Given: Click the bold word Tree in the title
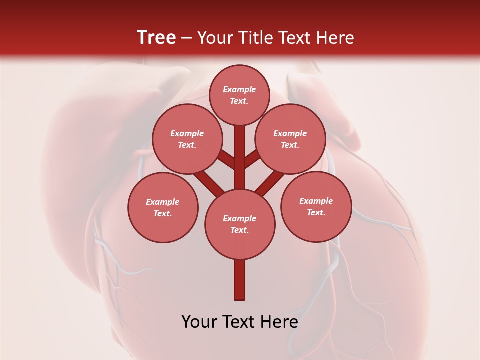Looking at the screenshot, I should point(156,38).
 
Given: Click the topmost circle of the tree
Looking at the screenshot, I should point(239,95).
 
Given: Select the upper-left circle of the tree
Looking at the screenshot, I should point(187,139).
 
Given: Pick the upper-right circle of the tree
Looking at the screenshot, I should point(290,139).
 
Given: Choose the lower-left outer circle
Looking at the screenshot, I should point(163,207).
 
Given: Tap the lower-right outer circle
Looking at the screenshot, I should point(316,206).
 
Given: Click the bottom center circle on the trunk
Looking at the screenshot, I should point(240,224).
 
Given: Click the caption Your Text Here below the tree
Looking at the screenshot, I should point(240,322).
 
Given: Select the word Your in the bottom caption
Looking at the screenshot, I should point(199,322).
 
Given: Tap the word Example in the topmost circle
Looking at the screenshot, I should point(239,89).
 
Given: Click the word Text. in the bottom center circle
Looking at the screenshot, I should point(240,230).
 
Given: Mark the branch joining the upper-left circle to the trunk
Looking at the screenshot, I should point(226,159).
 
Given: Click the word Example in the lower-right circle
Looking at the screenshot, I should point(316,201).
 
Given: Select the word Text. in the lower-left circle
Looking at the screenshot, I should point(163,213).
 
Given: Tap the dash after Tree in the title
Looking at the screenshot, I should point(187,38).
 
